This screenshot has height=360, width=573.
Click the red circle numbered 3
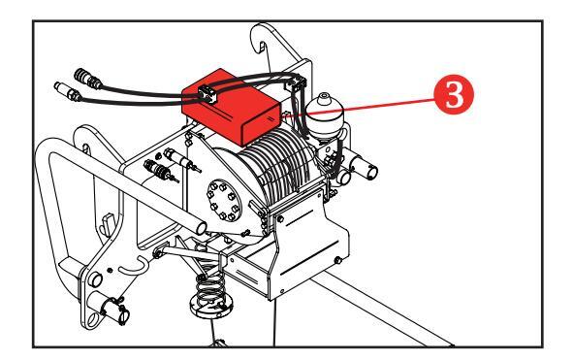click(454, 94)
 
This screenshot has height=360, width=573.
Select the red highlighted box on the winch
click(232, 107)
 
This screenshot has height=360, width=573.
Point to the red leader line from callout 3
click(360, 107)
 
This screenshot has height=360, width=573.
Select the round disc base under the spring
click(210, 307)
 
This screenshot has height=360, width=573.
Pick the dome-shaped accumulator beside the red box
click(324, 115)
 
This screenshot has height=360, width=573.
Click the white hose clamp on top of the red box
click(207, 94)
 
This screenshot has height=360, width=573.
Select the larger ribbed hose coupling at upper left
click(87, 79)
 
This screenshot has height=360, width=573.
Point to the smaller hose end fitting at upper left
click(68, 91)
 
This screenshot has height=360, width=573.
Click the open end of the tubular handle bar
click(202, 228)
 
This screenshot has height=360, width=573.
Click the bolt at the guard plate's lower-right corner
click(338, 260)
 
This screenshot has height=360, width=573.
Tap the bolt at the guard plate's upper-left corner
click(280, 218)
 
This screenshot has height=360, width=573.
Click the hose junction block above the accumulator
click(297, 82)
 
